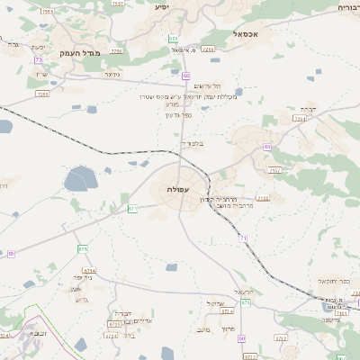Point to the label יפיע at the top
162,6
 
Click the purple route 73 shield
39,59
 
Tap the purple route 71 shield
243,238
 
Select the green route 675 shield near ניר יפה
83,248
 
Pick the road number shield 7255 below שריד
42,93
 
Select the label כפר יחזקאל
326,281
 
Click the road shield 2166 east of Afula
263,198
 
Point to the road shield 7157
274,169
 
